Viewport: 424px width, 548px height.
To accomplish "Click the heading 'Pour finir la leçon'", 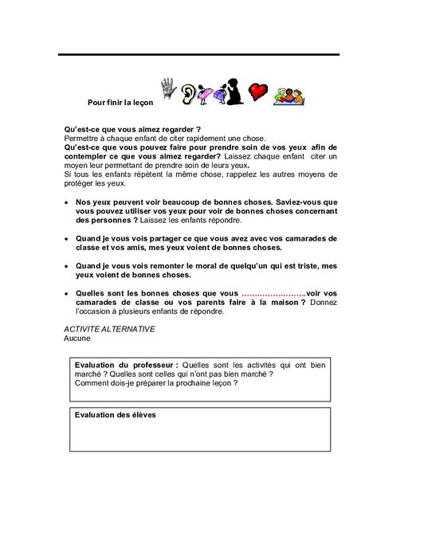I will pyautogui.click(x=120, y=103).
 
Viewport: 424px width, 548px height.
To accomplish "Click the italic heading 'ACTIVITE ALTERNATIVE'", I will pyautogui.click(x=109, y=329).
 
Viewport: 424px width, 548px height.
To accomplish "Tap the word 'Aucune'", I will pyautogui.click(x=77, y=338).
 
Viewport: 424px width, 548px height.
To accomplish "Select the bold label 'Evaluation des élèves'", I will pyautogui.click(x=115, y=415).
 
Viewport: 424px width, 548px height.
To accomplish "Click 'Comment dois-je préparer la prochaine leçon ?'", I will pyautogui.click(x=156, y=382).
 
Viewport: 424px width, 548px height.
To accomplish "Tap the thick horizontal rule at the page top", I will pyautogui.click(x=198, y=54).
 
